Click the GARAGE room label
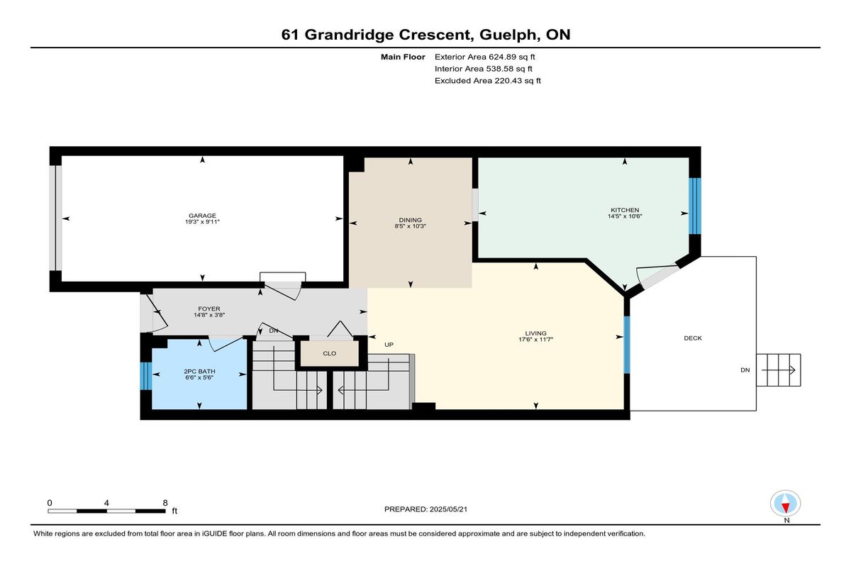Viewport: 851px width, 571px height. tap(202, 216)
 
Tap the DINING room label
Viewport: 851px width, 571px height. tap(411, 220)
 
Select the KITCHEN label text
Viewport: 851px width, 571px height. tap(625, 210)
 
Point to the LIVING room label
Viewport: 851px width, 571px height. tap(535, 333)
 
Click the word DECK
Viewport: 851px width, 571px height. tap(693, 338)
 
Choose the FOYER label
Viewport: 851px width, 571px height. tap(209, 309)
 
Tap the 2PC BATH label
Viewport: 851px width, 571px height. tap(199, 371)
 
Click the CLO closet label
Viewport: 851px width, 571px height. tap(329, 353)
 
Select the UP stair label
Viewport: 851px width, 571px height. tap(389, 345)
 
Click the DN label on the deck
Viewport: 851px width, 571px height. tap(745, 370)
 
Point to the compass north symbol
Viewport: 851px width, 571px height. tap(785, 504)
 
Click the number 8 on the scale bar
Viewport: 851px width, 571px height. tap(165, 503)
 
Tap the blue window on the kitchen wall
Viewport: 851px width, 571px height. tap(695, 206)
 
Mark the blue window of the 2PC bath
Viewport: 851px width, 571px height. tap(146, 376)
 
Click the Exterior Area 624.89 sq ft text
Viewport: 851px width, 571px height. tap(485, 57)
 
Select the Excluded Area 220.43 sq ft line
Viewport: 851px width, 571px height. tap(488, 81)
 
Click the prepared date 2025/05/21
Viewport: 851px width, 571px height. tap(448, 509)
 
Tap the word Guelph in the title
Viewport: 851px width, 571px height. tap(508, 35)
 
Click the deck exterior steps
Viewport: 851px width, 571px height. tap(779, 370)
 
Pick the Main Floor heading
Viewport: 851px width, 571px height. tap(403, 57)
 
